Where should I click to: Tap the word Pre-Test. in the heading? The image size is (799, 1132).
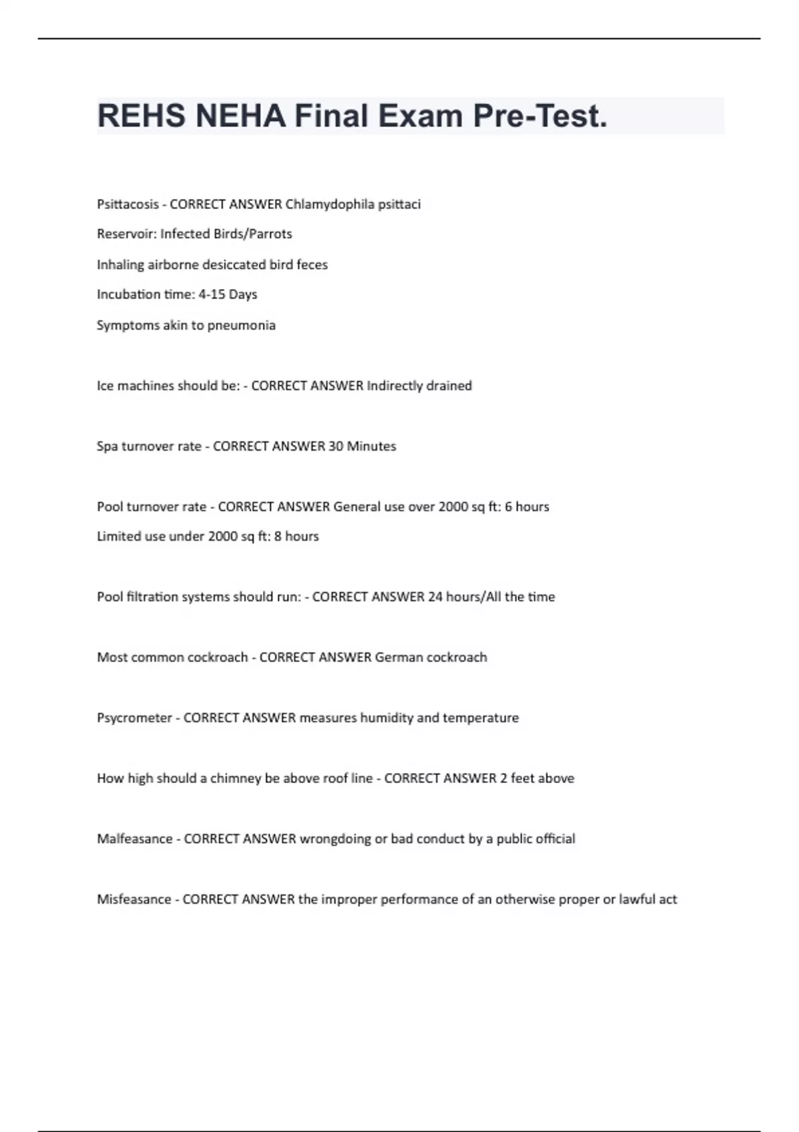pos(540,116)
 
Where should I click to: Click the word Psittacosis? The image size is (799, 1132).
pos(128,204)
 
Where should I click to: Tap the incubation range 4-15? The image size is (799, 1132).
pos(212,294)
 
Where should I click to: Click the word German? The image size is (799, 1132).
pos(399,657)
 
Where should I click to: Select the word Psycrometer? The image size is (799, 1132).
pos(134,718)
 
